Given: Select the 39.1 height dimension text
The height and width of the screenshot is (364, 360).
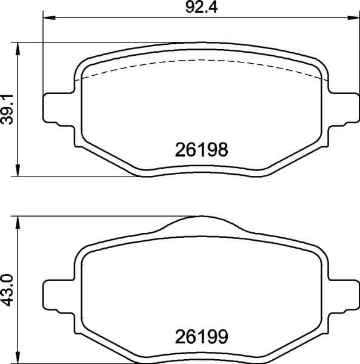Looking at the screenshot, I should [8, 109].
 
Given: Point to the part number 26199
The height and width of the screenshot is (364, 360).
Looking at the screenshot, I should [201, 335].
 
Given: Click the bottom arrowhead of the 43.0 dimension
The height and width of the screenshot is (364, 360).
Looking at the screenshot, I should [19, 357].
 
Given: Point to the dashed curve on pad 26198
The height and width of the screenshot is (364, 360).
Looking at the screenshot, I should [200, 61].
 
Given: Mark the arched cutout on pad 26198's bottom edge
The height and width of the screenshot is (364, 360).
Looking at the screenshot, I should [200, 170].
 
